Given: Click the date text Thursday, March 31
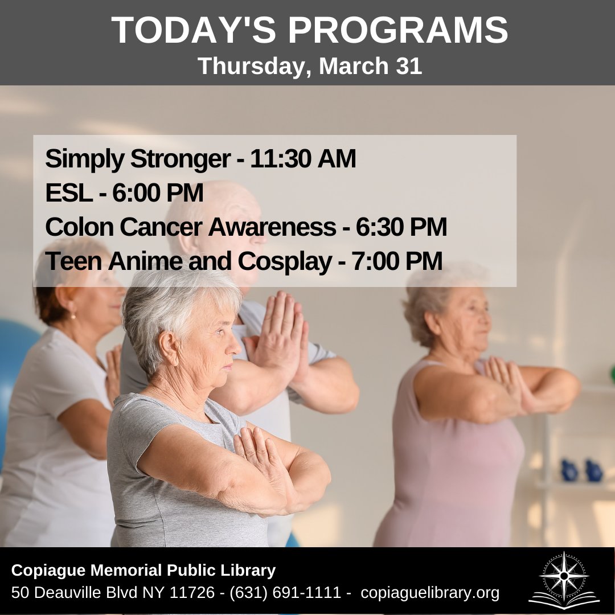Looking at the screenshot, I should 310,66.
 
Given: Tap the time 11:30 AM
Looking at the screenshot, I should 302,159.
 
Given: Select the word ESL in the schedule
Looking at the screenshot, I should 68,194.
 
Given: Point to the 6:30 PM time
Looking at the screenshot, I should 401,227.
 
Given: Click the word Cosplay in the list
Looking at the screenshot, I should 284,261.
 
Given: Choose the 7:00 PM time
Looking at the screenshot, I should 396,261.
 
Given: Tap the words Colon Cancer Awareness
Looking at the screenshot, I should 190,227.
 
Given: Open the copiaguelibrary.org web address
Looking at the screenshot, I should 430,593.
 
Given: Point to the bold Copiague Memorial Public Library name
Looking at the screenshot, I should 143,570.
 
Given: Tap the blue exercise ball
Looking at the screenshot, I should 14,364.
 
